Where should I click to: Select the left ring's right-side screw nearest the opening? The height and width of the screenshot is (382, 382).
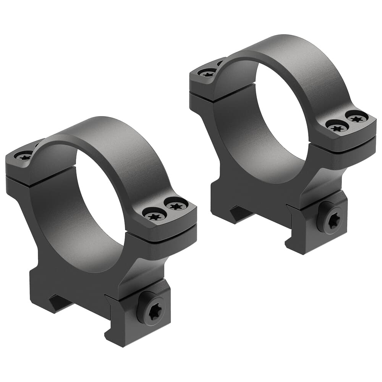155,217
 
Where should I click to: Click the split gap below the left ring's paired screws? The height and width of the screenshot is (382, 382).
168,230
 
